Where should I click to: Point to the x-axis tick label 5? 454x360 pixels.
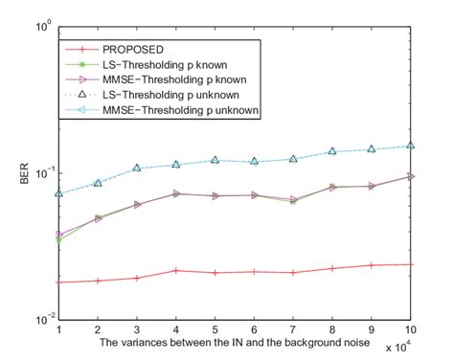216,328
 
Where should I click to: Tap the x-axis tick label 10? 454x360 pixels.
411,328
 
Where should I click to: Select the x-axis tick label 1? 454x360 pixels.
59,328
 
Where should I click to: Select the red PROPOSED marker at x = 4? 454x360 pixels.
176,271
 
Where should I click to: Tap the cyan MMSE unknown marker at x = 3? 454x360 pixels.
137,168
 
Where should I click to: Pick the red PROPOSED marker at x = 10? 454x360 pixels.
411,264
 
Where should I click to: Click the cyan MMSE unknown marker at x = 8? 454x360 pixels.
332,151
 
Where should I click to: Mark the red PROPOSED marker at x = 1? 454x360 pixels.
59,282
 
